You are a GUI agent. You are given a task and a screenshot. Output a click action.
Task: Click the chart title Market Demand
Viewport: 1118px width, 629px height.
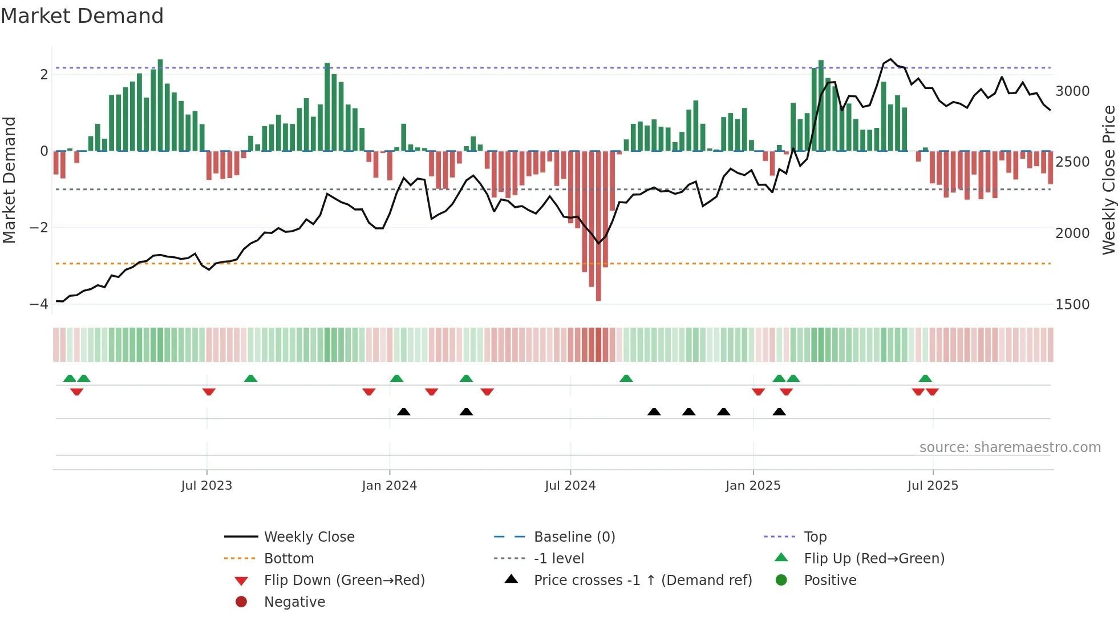(x=82, y=16)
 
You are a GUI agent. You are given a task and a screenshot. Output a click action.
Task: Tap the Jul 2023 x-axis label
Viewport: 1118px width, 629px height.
(x=206, y=486)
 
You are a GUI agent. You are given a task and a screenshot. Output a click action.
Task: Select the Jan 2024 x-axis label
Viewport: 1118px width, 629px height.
(x=390, y=486)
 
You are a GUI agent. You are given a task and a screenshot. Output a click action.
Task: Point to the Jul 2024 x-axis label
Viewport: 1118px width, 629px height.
(x=570, y=486)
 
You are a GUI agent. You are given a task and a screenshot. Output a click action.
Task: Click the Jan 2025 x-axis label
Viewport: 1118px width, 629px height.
(x=753, y=486)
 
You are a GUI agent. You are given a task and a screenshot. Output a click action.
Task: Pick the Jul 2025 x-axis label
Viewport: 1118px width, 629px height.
(x=933, y=486)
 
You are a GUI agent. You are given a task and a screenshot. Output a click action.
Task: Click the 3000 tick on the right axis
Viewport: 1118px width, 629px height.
(x=1072, y=91)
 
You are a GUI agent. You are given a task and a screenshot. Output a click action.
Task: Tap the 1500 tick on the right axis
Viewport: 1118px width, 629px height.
(x=1072, y=304)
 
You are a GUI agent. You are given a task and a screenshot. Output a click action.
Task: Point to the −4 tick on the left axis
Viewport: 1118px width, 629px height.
(x=39, y=304)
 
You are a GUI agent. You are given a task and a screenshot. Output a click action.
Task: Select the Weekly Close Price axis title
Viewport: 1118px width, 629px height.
(x=1108, y=180)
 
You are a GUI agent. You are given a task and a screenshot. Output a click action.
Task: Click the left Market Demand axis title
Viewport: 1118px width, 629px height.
(x=9, y=180)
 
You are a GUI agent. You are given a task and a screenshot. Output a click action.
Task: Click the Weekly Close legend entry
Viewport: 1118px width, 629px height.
(x=309, y=537)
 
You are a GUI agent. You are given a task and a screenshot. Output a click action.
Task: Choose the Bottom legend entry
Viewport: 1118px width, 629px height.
(x=289, y=558)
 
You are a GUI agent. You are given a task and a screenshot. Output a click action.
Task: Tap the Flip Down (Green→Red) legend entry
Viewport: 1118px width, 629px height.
(x=344, y=580)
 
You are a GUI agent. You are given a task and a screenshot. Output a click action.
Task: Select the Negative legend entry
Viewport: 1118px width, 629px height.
(x=294, y=602)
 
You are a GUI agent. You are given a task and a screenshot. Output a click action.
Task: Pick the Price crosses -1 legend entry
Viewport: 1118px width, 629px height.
(x=643, y=580)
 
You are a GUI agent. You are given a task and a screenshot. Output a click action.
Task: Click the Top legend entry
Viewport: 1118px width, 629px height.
(x=815, y=537)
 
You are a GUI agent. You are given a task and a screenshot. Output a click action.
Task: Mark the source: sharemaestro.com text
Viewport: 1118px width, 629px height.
(x=1010, y=447)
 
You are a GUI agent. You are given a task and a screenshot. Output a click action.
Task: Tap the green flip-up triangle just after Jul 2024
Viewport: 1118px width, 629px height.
(x=626, y=378)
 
